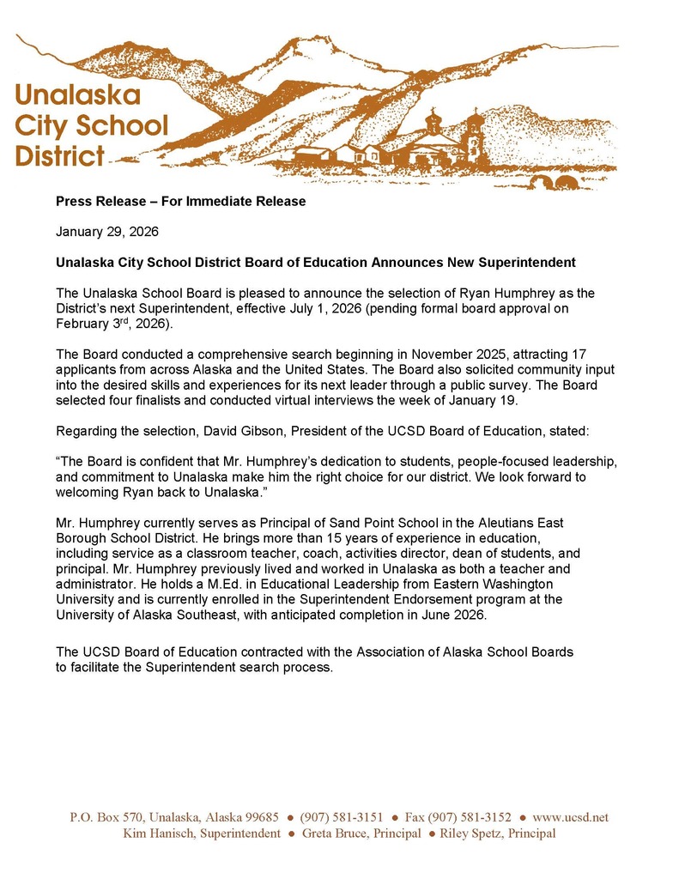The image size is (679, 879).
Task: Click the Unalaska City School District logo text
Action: tap(91, 124)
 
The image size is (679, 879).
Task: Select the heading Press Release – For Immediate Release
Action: tap(180, 202)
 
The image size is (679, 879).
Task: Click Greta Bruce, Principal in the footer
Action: tap(361, 833)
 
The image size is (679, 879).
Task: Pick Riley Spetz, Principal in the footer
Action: tap(498, 833)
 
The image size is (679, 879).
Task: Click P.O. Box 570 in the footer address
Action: tap(106, 817)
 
